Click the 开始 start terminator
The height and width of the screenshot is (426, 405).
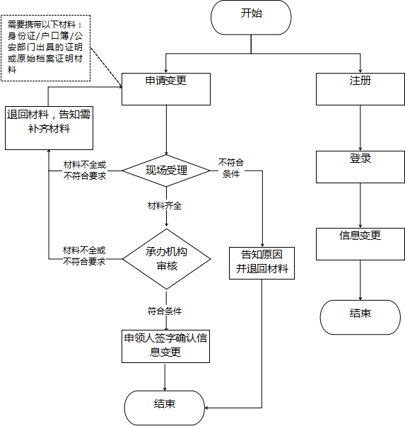[251, 18]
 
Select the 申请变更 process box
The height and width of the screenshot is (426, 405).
[166, 89]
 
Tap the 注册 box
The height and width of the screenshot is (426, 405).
[360, 89]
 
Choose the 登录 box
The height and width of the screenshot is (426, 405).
[360, 167]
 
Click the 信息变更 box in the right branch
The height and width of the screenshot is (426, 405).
[360, 244]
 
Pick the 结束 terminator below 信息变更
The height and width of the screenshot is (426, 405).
[360, 317]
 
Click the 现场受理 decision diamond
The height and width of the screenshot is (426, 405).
[166, 171]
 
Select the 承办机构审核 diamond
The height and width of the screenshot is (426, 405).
[166, 259]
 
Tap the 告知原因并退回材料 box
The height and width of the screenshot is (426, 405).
[262, 263]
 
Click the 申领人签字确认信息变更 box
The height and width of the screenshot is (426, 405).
[165, 346]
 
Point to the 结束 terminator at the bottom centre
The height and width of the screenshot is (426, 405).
[165, 408]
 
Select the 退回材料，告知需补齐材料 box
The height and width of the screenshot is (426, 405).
[49, 128]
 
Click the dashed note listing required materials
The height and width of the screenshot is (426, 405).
[46, 48]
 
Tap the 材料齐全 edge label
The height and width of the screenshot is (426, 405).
[165, 206]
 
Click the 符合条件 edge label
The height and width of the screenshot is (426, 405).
[165, 311]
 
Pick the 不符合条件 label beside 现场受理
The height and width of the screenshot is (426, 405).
[231, 168]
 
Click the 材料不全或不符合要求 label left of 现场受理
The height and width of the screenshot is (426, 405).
[85, 171]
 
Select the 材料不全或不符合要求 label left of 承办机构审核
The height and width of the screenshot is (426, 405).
[84, 255]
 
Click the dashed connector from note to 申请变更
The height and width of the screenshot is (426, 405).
[106, 67]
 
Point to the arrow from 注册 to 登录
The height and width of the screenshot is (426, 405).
[360, 128]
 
